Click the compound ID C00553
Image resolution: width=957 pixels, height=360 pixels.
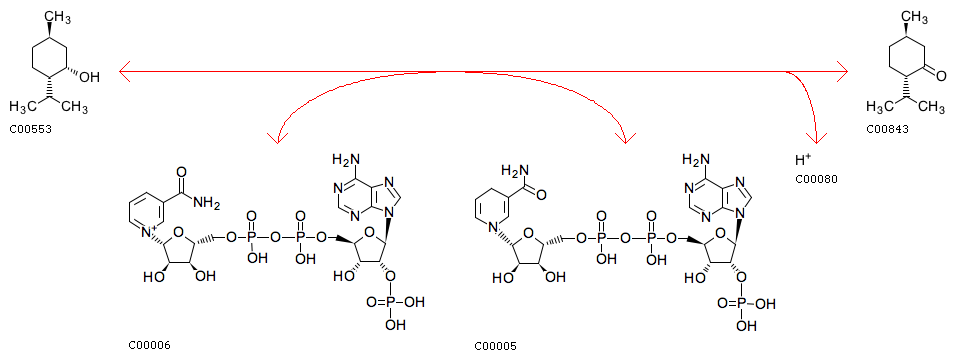tap(31, 129)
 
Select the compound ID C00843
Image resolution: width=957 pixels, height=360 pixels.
tap(886, 129)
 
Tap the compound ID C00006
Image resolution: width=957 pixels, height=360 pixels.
tap(150, 345)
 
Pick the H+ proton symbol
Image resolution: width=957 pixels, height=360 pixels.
tap(803, 160)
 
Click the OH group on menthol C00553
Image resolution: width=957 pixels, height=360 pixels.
tap(90, 77)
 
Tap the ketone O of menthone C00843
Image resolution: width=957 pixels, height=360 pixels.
tap(942, 71)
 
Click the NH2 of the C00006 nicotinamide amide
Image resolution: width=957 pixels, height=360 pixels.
tap(207, 201)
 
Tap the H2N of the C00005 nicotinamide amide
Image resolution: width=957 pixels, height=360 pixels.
tap(514, 168)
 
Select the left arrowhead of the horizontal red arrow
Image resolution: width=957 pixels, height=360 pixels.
tap(126, 71)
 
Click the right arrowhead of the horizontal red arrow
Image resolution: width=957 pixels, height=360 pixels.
tap(841, 71)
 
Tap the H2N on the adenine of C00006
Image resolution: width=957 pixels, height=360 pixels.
tap(345, 160)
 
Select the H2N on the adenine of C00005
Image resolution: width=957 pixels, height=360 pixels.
tap(693, 160)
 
